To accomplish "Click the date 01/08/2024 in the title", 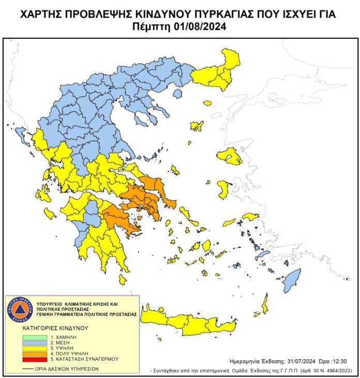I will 203,26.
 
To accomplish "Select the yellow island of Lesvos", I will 230,155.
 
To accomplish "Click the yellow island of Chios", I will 224,189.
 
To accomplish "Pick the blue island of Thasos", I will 177,94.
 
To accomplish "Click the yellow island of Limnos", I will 197,126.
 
